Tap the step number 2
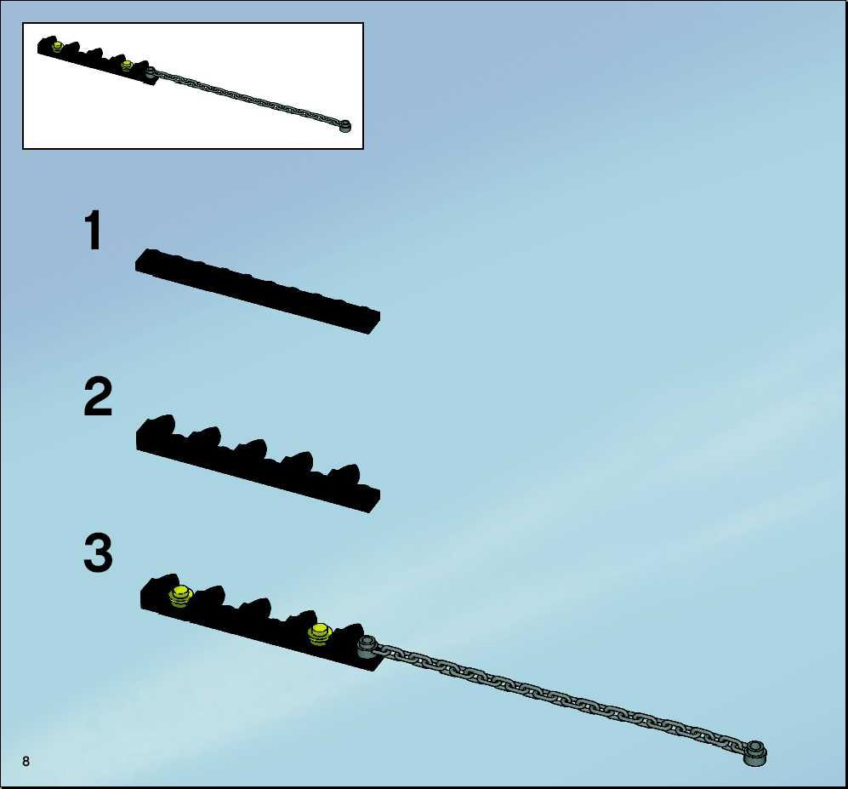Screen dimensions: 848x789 tap(98, 397)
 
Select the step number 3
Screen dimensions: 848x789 tap(98, 552)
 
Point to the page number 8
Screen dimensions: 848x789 tap(26, 761)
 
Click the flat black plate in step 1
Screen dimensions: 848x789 tap(258, 291)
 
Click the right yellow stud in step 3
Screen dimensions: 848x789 tap(320, 634)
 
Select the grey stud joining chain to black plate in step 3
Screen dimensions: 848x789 tap(367, 646)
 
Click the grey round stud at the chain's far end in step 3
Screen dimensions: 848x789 tap(755, 752)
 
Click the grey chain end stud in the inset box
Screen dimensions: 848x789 tap(344, 126)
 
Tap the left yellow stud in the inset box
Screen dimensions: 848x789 tap(57, 47)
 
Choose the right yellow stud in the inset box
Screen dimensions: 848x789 tap(127, 66)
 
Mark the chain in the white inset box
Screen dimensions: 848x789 tap(248, 98)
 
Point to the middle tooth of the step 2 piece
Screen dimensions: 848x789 tap(252, 449)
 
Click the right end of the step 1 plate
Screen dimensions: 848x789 tap(375, 323)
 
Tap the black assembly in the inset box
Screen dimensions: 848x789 tap(97, 60)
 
